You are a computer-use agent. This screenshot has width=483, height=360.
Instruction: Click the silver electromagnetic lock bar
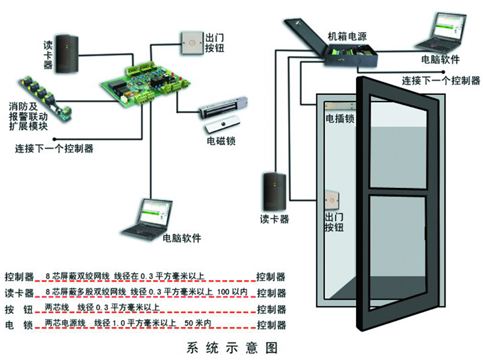[224, 109]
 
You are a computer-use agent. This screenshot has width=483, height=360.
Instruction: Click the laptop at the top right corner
[441, 35]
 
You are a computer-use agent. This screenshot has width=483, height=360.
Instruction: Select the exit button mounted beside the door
[330, 199]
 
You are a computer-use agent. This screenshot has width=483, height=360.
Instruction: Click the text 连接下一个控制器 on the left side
[54, 148]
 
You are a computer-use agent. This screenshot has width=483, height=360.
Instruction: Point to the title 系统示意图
[232, 348]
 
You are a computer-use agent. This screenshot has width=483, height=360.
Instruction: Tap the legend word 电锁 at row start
[19, 325]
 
